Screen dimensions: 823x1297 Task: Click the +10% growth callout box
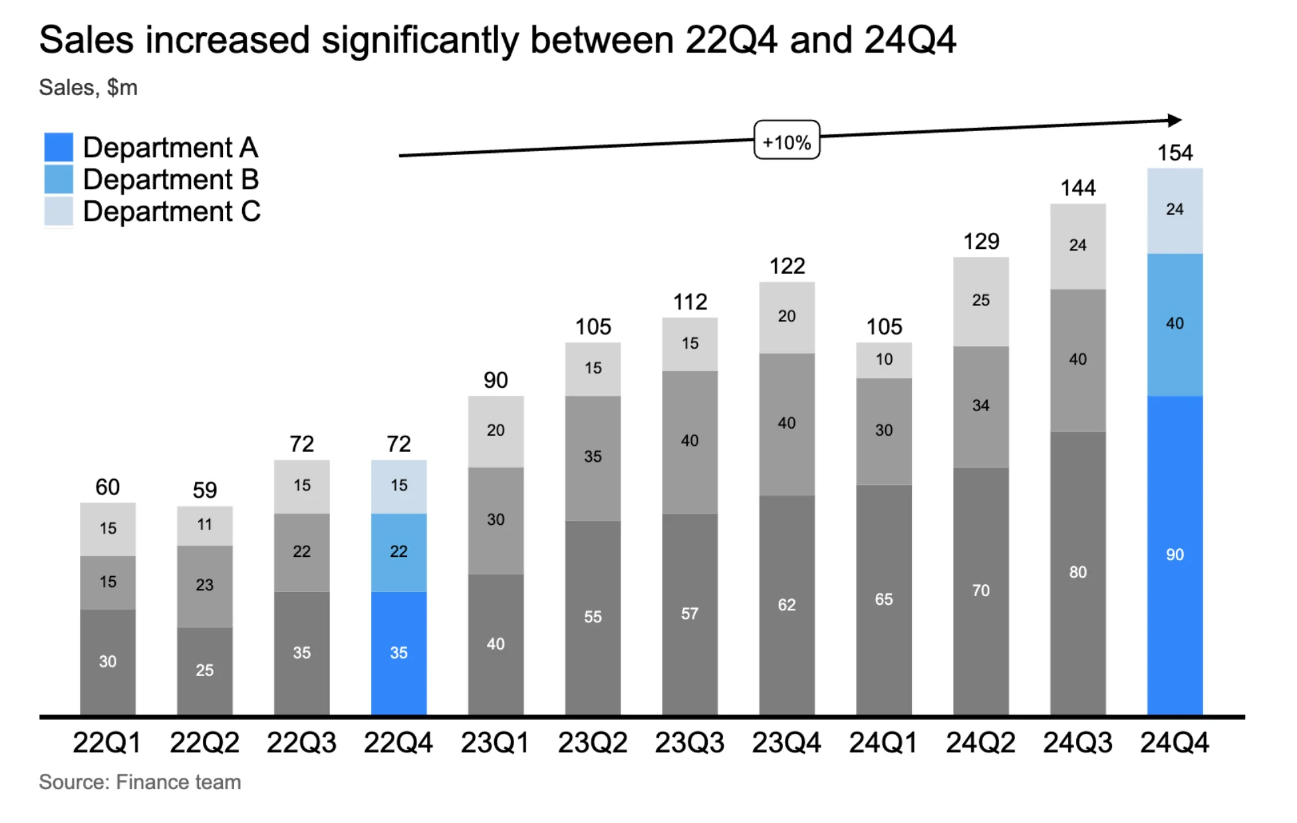[x=786, y=140]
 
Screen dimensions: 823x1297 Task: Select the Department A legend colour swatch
[x=59, y=147]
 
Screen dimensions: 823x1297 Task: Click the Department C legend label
[x=171, y=212]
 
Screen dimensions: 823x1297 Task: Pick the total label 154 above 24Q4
[x=1175, y=153]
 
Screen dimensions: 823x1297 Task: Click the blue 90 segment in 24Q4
[x=1175, y=555]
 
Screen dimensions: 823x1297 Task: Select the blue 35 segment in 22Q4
[x=398, y=653]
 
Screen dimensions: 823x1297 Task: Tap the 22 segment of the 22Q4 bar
[x=398, y=552]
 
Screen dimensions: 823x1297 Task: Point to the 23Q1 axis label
[x=495, y=742]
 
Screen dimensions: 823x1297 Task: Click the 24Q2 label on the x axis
[x=980, y=742]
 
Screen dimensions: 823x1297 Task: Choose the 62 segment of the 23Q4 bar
[x=786, y=605]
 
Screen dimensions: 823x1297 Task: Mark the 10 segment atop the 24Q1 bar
[x=883, y=360]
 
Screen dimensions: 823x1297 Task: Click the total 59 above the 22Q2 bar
[x=204, y=490]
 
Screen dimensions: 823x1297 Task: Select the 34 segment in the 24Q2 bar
[x=980, y=406]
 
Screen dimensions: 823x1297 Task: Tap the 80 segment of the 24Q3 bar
[x=1078, y=572]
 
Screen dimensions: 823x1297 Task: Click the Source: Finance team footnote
[x=140, y=782]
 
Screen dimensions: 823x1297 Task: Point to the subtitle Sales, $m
[x=88, y=88]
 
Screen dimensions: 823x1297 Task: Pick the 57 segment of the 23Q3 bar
[x=690, y=613]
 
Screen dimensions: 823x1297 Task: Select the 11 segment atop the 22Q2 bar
[x=204, y=525]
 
